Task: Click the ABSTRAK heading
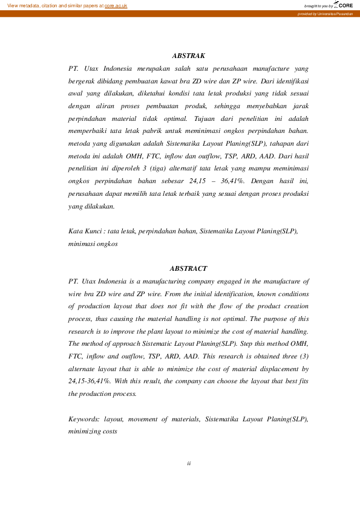188,56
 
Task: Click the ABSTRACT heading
188,268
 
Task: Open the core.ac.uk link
116,5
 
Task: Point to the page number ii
189,463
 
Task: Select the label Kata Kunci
85,231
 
